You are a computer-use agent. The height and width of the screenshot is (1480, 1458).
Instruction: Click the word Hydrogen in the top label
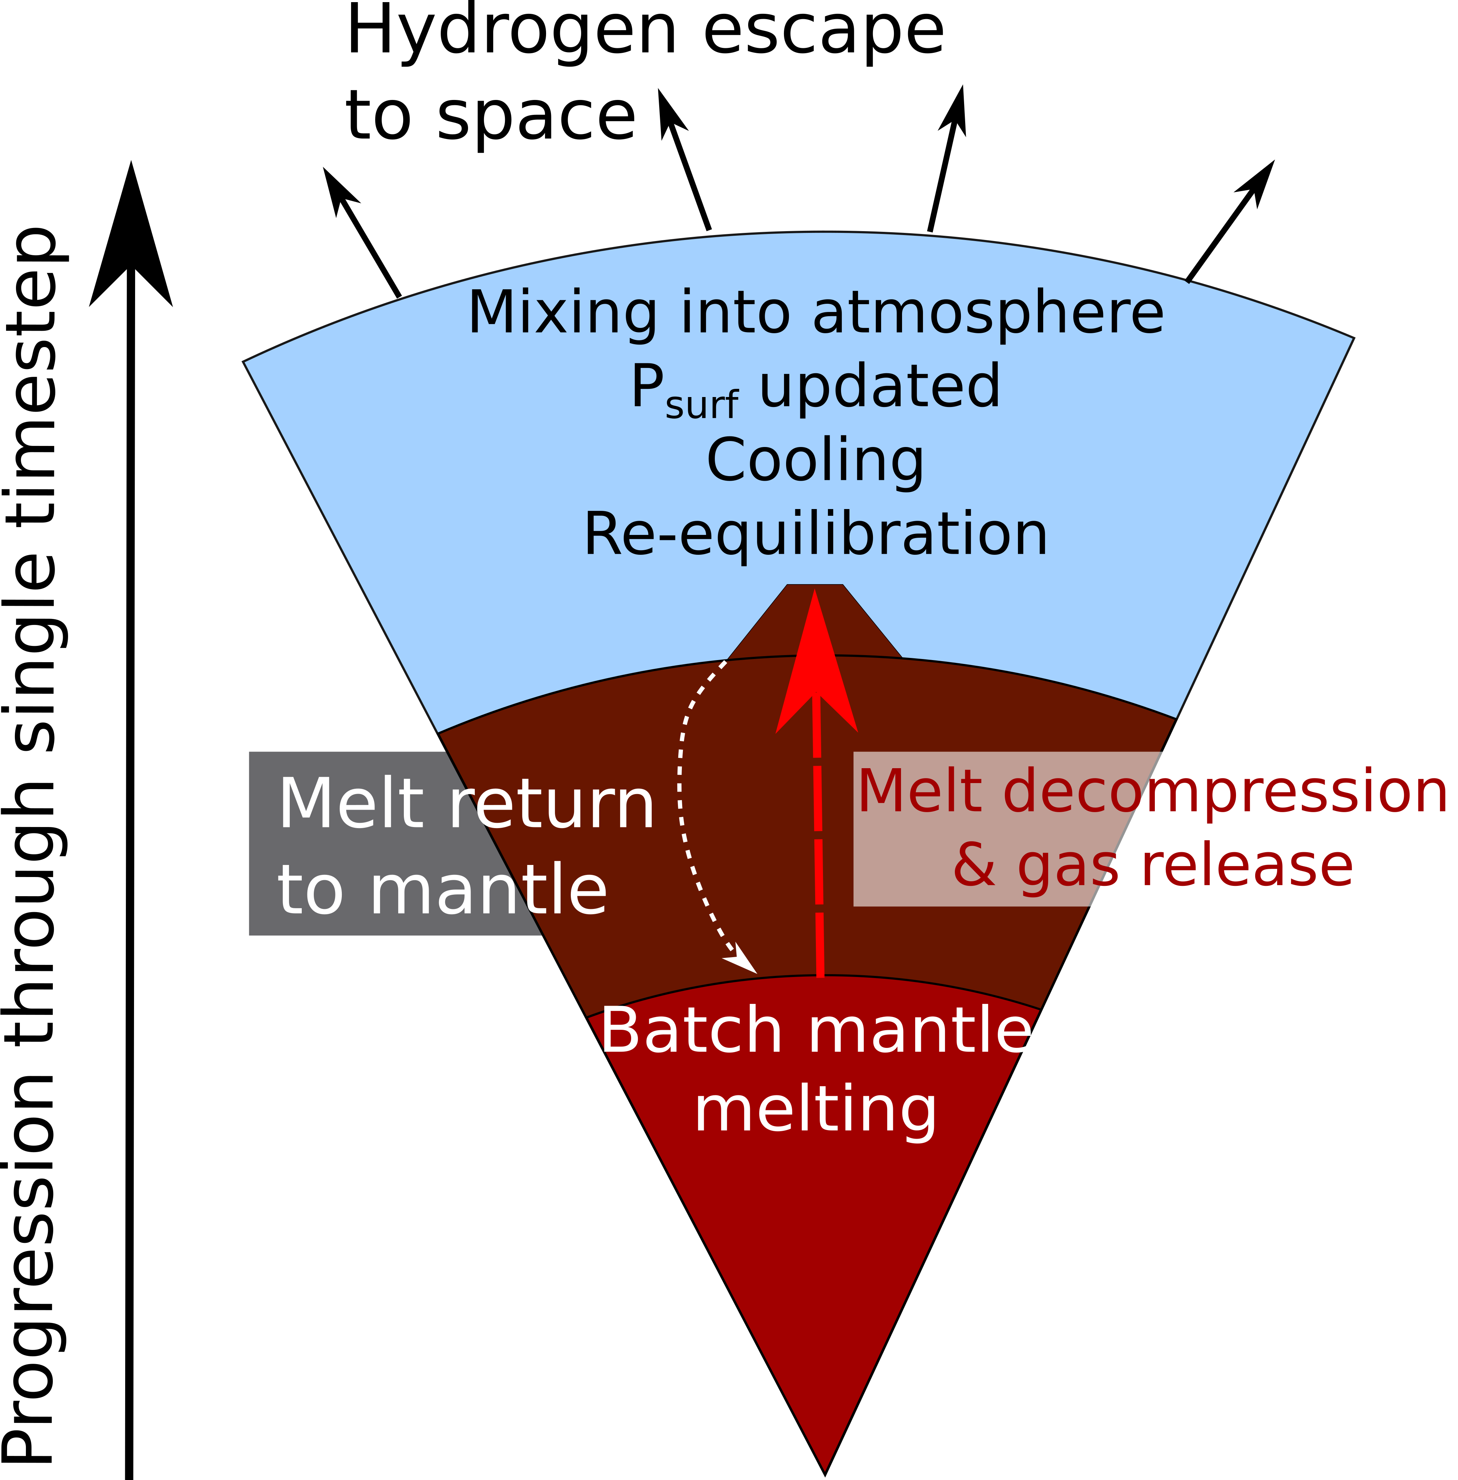point(512,32)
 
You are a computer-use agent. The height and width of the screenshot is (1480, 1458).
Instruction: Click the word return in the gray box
point(551,805)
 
